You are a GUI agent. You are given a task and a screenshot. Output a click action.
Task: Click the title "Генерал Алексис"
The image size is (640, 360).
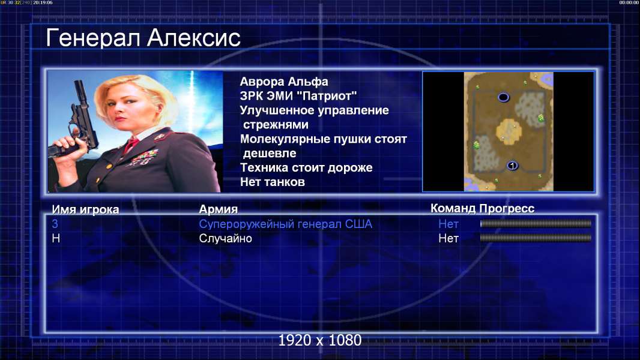pos(143,38)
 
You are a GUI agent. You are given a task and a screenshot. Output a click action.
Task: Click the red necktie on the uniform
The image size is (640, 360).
pos(131,145)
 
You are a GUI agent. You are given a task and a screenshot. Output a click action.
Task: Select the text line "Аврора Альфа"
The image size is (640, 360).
pos(284,82)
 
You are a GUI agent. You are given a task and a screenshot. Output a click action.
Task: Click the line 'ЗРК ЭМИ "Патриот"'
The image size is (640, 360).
pos(298,96)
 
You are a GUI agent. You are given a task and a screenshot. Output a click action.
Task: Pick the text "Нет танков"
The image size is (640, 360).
pos(273,182)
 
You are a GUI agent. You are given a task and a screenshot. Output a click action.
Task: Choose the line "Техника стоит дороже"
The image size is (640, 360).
pos(306,167)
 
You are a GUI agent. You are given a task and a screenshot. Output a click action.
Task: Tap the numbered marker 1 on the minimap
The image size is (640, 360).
pos(512,166)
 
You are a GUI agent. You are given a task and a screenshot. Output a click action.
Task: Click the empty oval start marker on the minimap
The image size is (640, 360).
pos(503,97)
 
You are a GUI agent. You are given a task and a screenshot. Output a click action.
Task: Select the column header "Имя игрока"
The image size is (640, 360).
pos(85,209)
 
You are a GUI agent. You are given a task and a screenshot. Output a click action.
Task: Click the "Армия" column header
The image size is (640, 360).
pos(219,209)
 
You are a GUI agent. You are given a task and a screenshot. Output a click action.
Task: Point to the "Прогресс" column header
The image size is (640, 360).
pos(507,209)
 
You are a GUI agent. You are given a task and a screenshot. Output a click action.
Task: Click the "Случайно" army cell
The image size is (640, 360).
pos(225,239)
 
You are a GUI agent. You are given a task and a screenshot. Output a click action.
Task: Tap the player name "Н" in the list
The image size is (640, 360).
pos(56,239)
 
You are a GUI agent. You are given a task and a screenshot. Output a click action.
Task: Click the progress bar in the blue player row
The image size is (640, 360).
pos(536,224)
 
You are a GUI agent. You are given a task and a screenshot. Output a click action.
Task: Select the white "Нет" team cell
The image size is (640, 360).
pos(448,239)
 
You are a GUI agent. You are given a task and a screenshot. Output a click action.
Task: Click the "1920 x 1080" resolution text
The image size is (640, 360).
pos(320,340)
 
